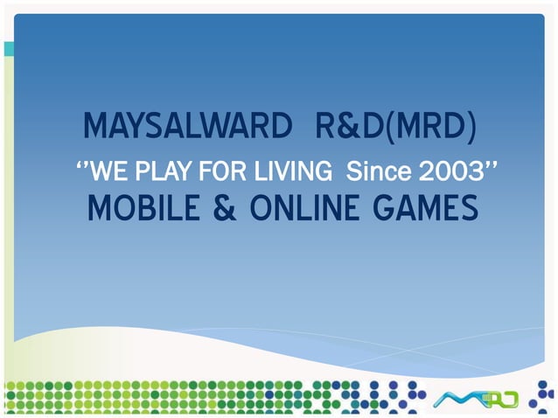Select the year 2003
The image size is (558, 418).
pos(446,169)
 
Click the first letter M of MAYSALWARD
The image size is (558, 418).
pos(96,128)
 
